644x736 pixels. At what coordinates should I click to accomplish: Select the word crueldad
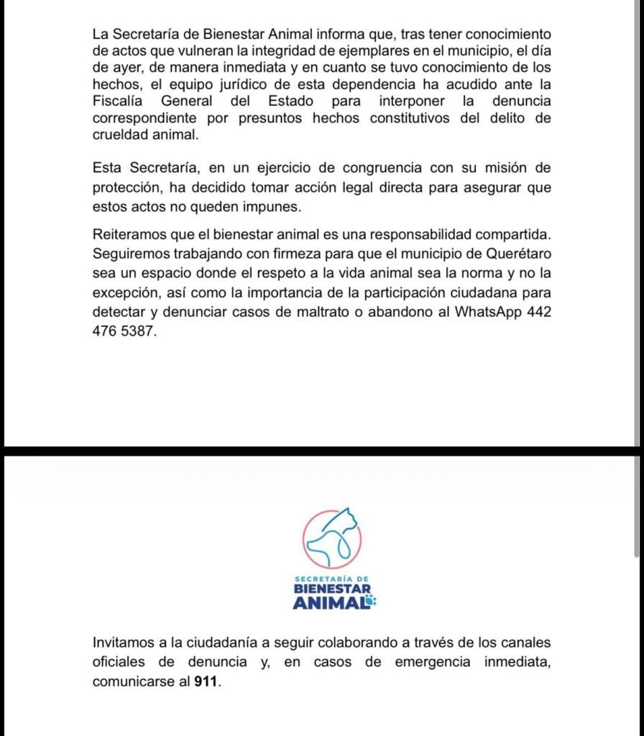click(x=119, y=134)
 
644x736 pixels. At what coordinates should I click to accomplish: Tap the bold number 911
click(x=206, y=681)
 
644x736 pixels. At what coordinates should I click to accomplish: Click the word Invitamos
click(x=123, y=641)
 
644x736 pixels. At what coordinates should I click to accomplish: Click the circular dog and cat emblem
click(x=331, y=538)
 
